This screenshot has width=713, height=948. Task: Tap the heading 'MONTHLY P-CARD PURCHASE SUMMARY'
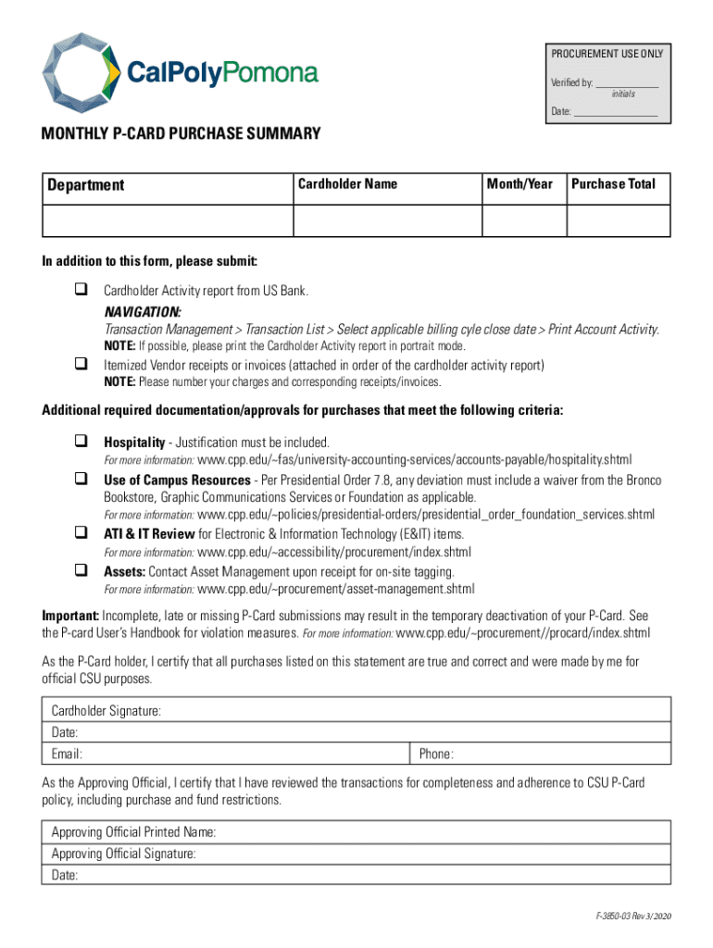(x=181, y=134)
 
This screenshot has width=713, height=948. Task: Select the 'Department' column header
(x=85, y=185)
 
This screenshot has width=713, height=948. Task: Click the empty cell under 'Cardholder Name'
(x=387, y=221)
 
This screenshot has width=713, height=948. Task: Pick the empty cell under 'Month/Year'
(x=523, y=221)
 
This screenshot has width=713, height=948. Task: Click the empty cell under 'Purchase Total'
(x=618, y=221)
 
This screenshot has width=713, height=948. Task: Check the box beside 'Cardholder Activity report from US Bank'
(x=81, y=291)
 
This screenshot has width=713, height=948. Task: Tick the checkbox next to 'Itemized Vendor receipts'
(x=81, y=365)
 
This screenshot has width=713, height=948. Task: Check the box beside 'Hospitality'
(x=81, y=442)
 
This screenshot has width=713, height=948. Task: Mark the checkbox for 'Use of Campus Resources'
(x=81, y=480)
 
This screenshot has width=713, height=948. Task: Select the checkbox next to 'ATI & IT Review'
(x=81, y=534)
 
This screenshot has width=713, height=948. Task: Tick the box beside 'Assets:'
(x=81, y=571)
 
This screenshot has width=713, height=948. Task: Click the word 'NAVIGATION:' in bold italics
(x=143, y=311)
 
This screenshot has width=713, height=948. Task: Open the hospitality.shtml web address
(x=414, y=459)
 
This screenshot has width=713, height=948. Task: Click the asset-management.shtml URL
(x=336, y=589)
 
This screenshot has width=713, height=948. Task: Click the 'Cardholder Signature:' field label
(x=106, y=711)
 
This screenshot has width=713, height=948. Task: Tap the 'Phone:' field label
(x=436, y=754)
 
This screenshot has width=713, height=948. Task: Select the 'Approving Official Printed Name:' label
(x=133, y=831)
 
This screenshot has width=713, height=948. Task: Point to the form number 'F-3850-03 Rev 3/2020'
(x=633, y=915)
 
